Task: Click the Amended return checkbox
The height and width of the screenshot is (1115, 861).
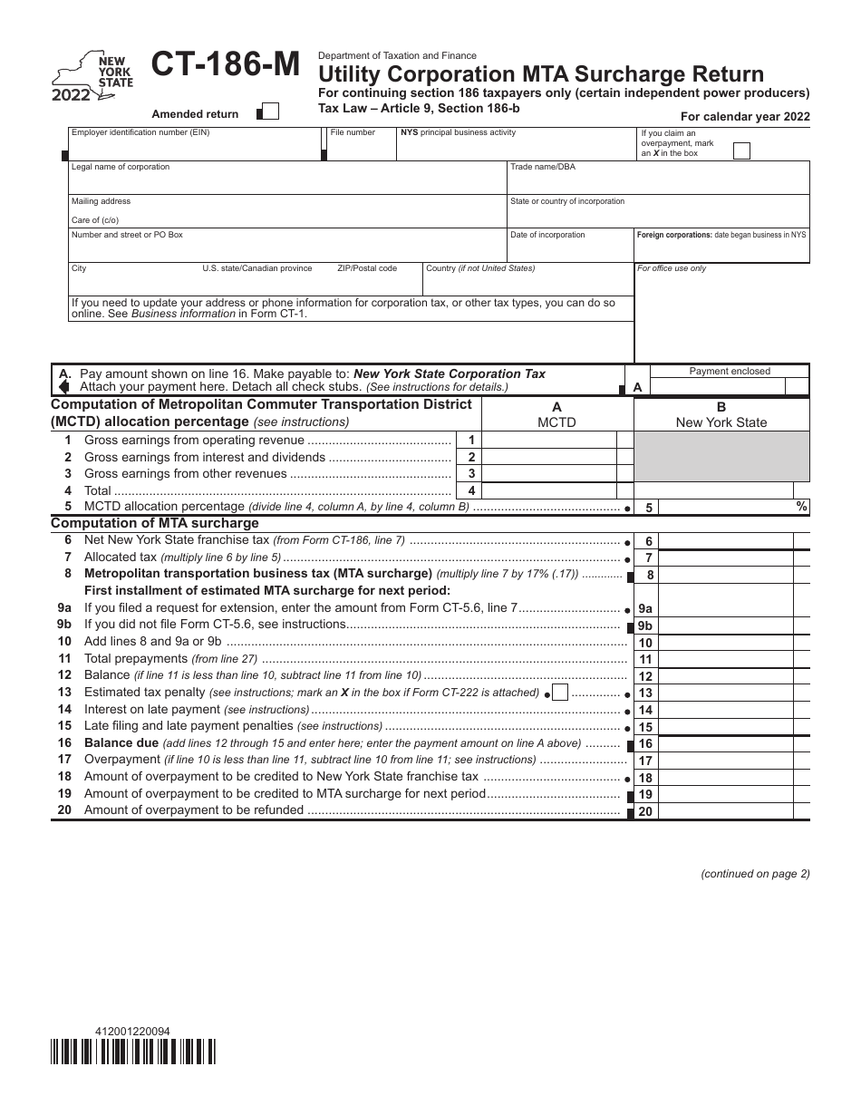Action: point(270,112)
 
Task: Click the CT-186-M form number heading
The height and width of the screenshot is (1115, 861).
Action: point(226,66)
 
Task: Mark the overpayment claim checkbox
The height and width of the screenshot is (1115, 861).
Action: point(741,151)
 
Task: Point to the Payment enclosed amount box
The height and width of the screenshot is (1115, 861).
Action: point(730,387)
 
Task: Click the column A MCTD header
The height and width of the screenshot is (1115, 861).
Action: point(556,415)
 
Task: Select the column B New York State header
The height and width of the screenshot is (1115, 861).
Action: point(721,415)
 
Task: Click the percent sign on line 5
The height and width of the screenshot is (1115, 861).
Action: point(801,507)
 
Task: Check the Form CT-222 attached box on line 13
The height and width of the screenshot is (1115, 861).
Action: point(560,693)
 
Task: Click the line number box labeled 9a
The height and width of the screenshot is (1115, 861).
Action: point(645,609)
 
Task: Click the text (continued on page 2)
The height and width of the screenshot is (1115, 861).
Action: point(755,874)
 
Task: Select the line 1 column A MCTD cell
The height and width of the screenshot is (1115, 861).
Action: point(548,440)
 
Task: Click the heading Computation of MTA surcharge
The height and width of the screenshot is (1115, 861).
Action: point(155,523)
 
